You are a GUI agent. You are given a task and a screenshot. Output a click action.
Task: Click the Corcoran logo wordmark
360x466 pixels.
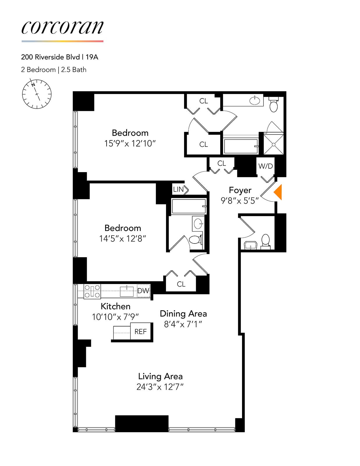pyautogui.click(x=62, y=28)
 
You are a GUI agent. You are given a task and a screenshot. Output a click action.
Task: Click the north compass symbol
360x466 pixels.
pyautogui.click(x=37, y=94)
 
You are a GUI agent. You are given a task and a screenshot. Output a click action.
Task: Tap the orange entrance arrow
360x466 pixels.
pyautogui.click(x=278, y=192)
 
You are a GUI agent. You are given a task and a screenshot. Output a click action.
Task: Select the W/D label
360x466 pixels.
pyautogui.click(x=265, y=166)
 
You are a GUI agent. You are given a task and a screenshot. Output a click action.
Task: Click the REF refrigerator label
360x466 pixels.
pyautogui.click(x=140, y=331)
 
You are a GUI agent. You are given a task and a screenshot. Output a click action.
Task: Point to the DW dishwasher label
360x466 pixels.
pyautogui.click(x=143, y=291)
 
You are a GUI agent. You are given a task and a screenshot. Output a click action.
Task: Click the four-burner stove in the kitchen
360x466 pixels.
pyautogui.click(x=92, y=291)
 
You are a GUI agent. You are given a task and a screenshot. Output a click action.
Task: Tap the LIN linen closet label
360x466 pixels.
pyautogui.click(x=178, y=189)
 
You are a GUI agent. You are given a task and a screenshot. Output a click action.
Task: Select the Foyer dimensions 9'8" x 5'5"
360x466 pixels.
pyautogui.click(x=240, y=201)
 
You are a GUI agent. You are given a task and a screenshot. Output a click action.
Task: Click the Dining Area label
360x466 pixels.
pyautogui.click(x=183, y=314)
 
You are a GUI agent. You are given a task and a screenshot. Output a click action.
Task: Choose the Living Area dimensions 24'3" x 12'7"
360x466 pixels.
pyautogui.click(x=160, y=387)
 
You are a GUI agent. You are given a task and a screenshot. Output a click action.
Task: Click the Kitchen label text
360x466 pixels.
pyautogui.click(x=115, y=306)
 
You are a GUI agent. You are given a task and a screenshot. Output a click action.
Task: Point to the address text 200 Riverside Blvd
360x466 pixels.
pyautogui.click(x=50, y=57)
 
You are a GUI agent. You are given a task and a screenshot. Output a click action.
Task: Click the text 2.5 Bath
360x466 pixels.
pyautogui.click(x=74, y=70)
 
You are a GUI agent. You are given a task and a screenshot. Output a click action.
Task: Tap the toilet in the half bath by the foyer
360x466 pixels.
pyautogui.click(x=265, y=240)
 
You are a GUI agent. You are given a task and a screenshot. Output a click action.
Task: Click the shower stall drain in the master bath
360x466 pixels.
pyautogui.click(x=273, y=144)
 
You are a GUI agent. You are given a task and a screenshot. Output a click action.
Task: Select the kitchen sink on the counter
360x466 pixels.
pyautogui.click(x=127, y=291)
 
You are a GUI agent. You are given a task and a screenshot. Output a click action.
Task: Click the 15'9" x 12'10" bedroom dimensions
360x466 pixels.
pyautogui.click(x=130, y=143)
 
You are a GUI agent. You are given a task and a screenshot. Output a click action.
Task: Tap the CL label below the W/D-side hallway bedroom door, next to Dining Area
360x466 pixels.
pyautogui.click(x=181, y=284)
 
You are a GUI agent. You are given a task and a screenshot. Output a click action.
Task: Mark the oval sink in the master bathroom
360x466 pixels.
pyautogui.click(x=255, y=100)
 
